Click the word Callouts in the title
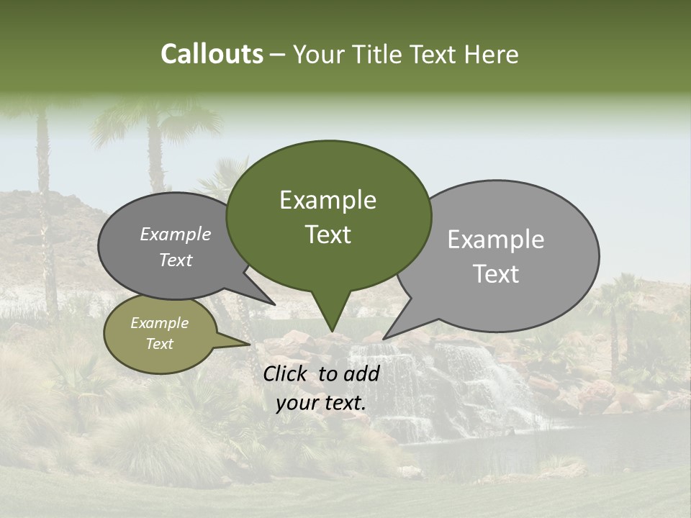click(x=212, y=54)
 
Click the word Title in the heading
click(x=379, y=55)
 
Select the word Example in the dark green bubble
click(x=328, y=200)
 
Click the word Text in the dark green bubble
click(x=328, y=235)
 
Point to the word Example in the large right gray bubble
click(x=495, y=240)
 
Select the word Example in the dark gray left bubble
click(x=175, y=235)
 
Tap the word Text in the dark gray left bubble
click(x=175, y=260)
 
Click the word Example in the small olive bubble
click(x=159, y=323)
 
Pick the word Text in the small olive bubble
click(x=159, y=344)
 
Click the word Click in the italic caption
click(x=287, y=373)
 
